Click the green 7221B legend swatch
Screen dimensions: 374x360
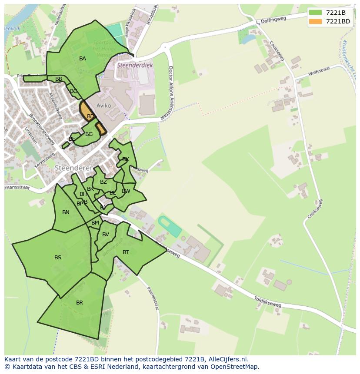pos(316,13)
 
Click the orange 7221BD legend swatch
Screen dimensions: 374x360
pos(316,21)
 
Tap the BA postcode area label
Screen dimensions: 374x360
pos(83,59)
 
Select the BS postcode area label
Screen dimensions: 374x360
pos(58,258)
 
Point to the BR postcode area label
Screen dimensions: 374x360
pos(80,303)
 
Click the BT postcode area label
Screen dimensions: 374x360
pos(126,252)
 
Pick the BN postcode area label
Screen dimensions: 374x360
pos(66,212)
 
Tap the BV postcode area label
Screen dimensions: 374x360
pos(106,235)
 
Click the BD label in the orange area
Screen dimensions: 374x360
pos(90,116)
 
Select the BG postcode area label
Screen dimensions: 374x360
pos(89,134)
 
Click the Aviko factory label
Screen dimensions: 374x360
pos(104,106)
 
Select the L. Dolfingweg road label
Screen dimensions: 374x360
pos(272,19)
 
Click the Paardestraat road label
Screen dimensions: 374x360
pos(153,298)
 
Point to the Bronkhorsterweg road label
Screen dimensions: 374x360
pos(42,129)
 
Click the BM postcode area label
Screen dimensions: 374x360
pos(95,223)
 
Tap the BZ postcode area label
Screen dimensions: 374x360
pos(103,182)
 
